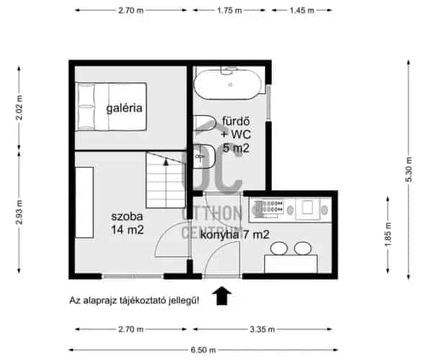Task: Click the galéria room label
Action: [124, 108]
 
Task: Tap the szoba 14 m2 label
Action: [127, 223]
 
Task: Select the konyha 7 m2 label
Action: [235, 235]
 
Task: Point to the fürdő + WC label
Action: [236, 128]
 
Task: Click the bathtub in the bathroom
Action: [228, 84]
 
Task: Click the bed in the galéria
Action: [111, 107]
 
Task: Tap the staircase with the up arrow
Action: [166, 180]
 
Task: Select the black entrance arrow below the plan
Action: [222, 295]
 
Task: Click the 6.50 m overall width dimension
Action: [203, 350]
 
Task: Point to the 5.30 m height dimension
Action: [409, 170]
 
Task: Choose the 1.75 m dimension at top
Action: [229, 10]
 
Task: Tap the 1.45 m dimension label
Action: [302, 10]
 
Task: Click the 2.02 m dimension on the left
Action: [19, 107]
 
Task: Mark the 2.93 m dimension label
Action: [19, 212]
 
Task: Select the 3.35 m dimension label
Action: [262, 329]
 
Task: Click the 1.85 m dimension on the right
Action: [388, 234]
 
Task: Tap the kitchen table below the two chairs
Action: [291, 264]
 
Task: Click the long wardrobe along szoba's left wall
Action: [84, 202]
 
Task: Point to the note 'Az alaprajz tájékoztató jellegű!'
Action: [135, 300]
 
